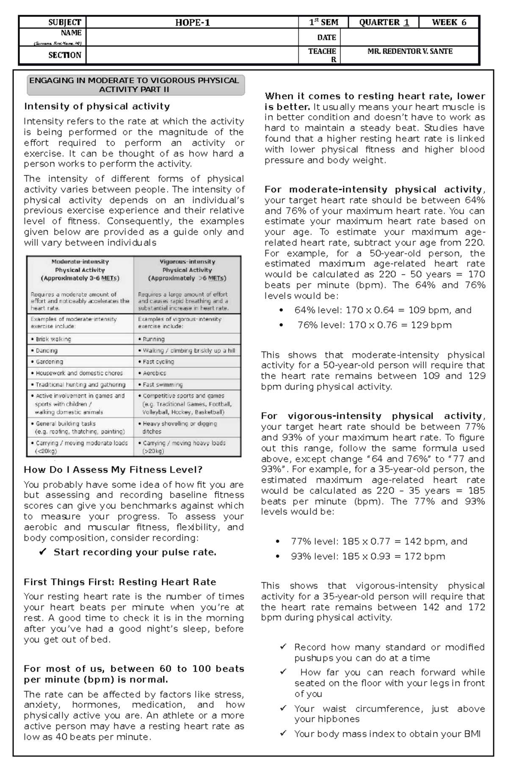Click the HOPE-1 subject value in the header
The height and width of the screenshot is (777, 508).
[193, 23]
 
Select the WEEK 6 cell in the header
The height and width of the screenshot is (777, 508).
[449, 23]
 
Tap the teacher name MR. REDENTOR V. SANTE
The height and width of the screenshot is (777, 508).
[410, 52]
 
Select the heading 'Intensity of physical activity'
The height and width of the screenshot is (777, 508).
[97, 107]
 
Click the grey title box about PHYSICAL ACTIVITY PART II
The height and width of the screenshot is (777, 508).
[135, 85]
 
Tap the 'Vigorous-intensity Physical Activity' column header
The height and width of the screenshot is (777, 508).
[187, 270]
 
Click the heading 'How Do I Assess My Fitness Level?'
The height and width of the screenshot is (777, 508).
[113, 470]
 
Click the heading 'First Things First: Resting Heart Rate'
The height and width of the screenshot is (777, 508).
[120, 582]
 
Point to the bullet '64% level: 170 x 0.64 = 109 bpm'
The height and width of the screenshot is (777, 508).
[383, 310]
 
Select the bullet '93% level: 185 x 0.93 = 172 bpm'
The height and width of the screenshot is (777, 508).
[367, 556]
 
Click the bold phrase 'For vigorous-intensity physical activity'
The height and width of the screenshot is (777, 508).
[371, 416]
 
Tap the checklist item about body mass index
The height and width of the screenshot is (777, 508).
[387, 734]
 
